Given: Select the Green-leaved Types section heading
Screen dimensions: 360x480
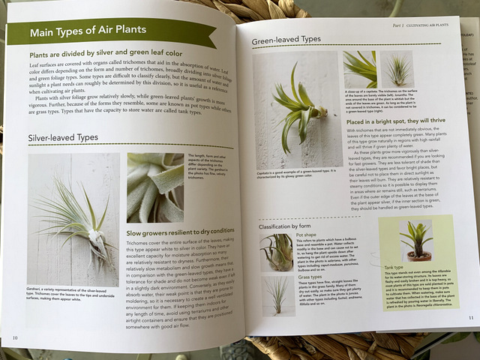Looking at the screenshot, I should click(x=286, y=39).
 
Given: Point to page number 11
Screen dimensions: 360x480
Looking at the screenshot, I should click(x=470, y=317).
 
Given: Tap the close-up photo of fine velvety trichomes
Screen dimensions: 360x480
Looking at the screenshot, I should click(x=155, y=187).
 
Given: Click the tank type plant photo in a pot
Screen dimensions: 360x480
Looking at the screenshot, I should click(x=418, y=239).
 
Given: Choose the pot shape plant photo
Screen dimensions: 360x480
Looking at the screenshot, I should click(x=277, y=251).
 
